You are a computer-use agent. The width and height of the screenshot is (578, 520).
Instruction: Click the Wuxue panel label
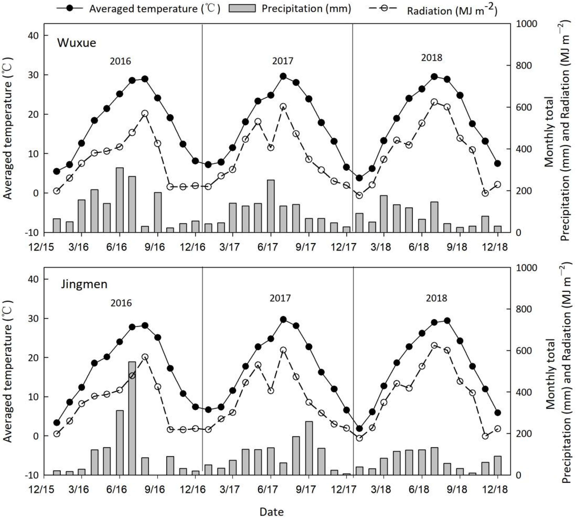[77, 43]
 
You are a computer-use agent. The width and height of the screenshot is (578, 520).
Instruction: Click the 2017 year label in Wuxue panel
[283, 61]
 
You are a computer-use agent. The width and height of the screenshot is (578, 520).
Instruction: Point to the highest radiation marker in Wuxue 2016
[145, 113]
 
